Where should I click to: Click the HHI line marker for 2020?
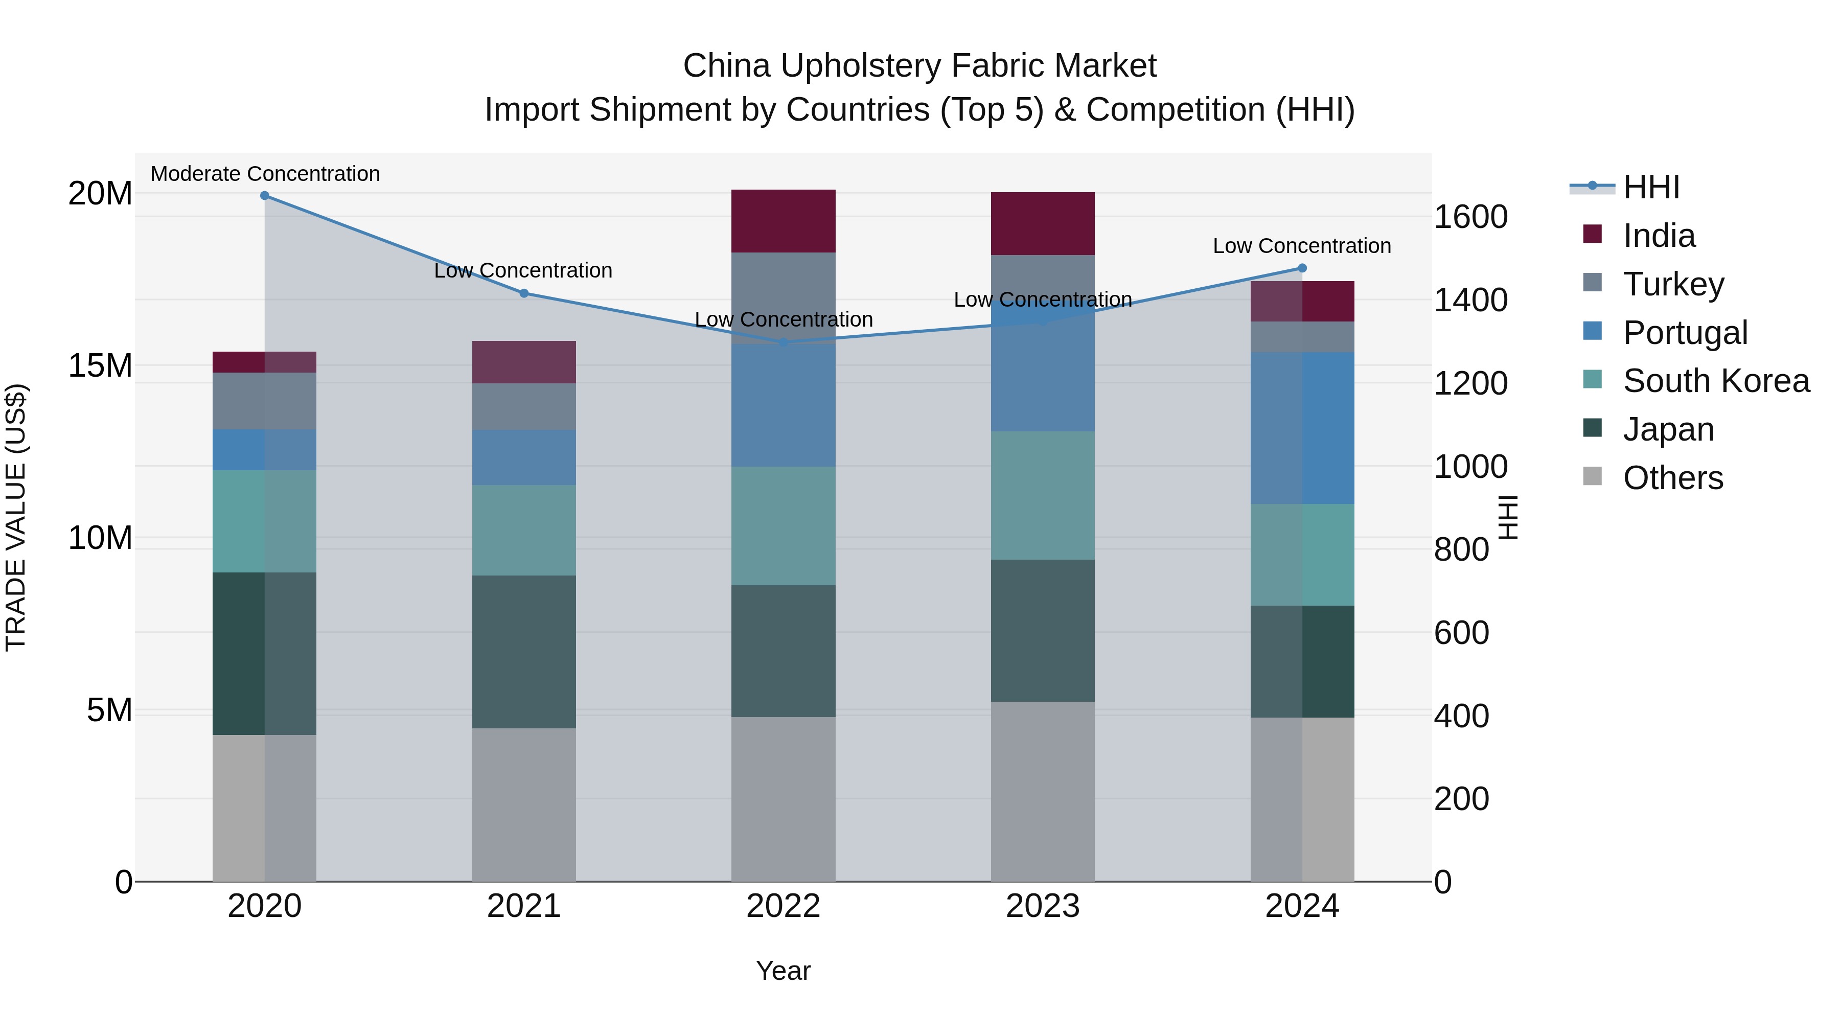click(x=264, y=196)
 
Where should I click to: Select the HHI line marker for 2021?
click(x=523, y=293)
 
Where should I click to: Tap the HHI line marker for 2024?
click(x=1301, y=268)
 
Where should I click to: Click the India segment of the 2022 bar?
click(x=783, y=221)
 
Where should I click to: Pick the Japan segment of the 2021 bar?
click(x=523, y=652)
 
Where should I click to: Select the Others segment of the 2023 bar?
click(x=1042, y=791)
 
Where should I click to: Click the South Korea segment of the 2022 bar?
click(x=783, y=526)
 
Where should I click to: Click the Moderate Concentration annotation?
click(x=265, y=174)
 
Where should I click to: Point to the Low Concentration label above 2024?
click(x=1301, y=246)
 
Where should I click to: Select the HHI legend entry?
click(x=1651, y=187)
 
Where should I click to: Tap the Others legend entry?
click(x=1672, y=478)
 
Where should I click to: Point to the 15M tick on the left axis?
click(x=100, y=366)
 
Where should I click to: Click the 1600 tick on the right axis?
click(x=1470, y=217)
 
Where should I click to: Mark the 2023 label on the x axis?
click(x=1042, y=906)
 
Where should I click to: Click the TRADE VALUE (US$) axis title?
click(x=16, y=517)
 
